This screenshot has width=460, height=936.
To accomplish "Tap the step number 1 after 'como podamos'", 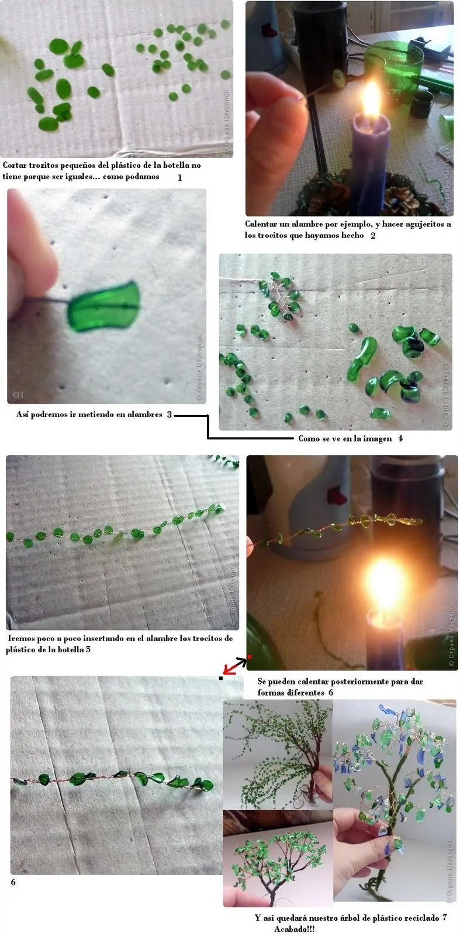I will pos(179,177).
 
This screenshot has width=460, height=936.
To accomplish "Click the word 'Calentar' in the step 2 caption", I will pos(261,224).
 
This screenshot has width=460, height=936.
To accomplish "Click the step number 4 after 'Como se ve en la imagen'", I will pos(400,438).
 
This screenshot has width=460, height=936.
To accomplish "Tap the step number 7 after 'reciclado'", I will pos(445,917).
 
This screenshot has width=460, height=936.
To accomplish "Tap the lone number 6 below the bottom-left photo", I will pos(13,882).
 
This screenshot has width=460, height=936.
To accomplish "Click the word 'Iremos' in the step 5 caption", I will pos(22,638).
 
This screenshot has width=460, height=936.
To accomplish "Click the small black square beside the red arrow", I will pos(221,678).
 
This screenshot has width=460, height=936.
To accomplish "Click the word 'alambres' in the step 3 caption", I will pos(143,415).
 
